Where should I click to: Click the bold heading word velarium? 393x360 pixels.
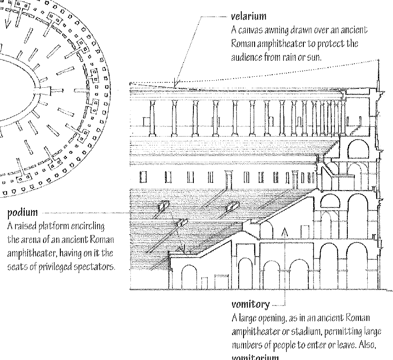coord(248,17)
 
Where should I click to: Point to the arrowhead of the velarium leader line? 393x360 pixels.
coord(176,84)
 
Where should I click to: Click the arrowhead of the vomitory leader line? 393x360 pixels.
coord(285,232)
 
